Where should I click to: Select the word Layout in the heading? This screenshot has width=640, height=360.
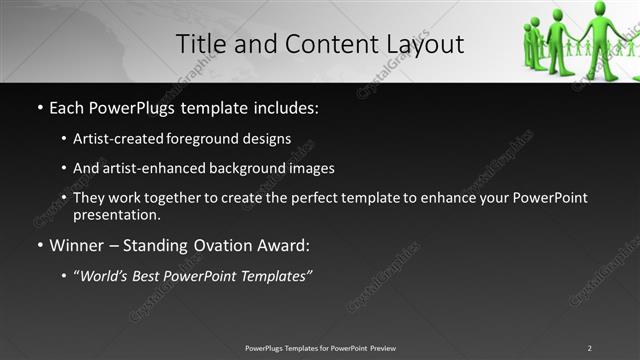pos(420,44)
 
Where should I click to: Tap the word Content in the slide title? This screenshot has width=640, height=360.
pos(321,44)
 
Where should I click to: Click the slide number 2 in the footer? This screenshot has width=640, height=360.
pos(589,348)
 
